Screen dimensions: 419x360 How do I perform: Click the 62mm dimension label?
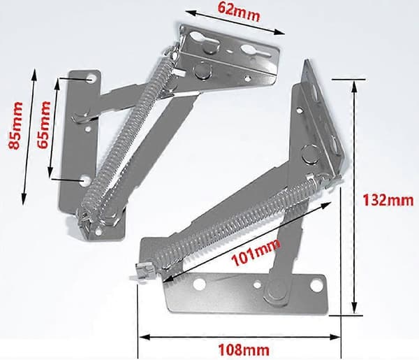point(239,11)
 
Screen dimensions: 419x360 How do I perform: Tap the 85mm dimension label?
point(15,125)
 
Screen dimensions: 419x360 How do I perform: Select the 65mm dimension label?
point(43,124)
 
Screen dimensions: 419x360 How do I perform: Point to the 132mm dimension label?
point(388,200)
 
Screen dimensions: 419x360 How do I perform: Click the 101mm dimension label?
point(256,252)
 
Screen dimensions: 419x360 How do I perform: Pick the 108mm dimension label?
point(244,350)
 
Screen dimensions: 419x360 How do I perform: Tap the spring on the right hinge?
point(238,224)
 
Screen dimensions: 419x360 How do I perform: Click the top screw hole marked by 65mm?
point(91,79)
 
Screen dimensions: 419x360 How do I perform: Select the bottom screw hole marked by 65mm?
point(86,181)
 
